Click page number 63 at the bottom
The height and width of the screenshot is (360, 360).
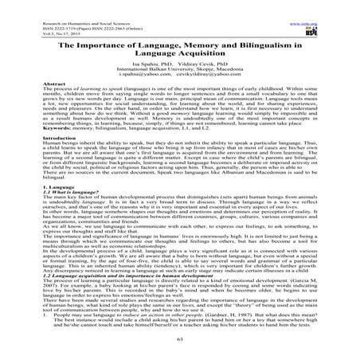(x=180, y=338)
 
